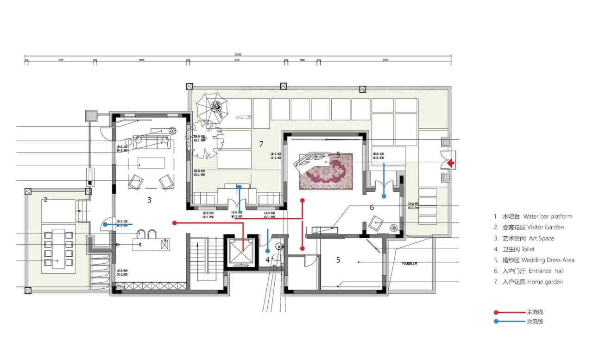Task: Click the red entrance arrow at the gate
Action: [x=450, y=163]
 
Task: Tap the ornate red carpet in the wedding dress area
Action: [x=326, y=171]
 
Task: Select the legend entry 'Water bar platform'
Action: [x=533, y=216]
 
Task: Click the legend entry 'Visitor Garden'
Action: [x=529, y=227]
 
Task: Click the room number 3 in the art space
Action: [x=149, y=200]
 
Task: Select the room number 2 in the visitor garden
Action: [x=45, y=200]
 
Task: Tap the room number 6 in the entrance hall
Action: [x=372, y=208]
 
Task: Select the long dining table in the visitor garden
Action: [x=58, y=249]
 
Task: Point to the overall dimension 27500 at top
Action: [x=237, y=55]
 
